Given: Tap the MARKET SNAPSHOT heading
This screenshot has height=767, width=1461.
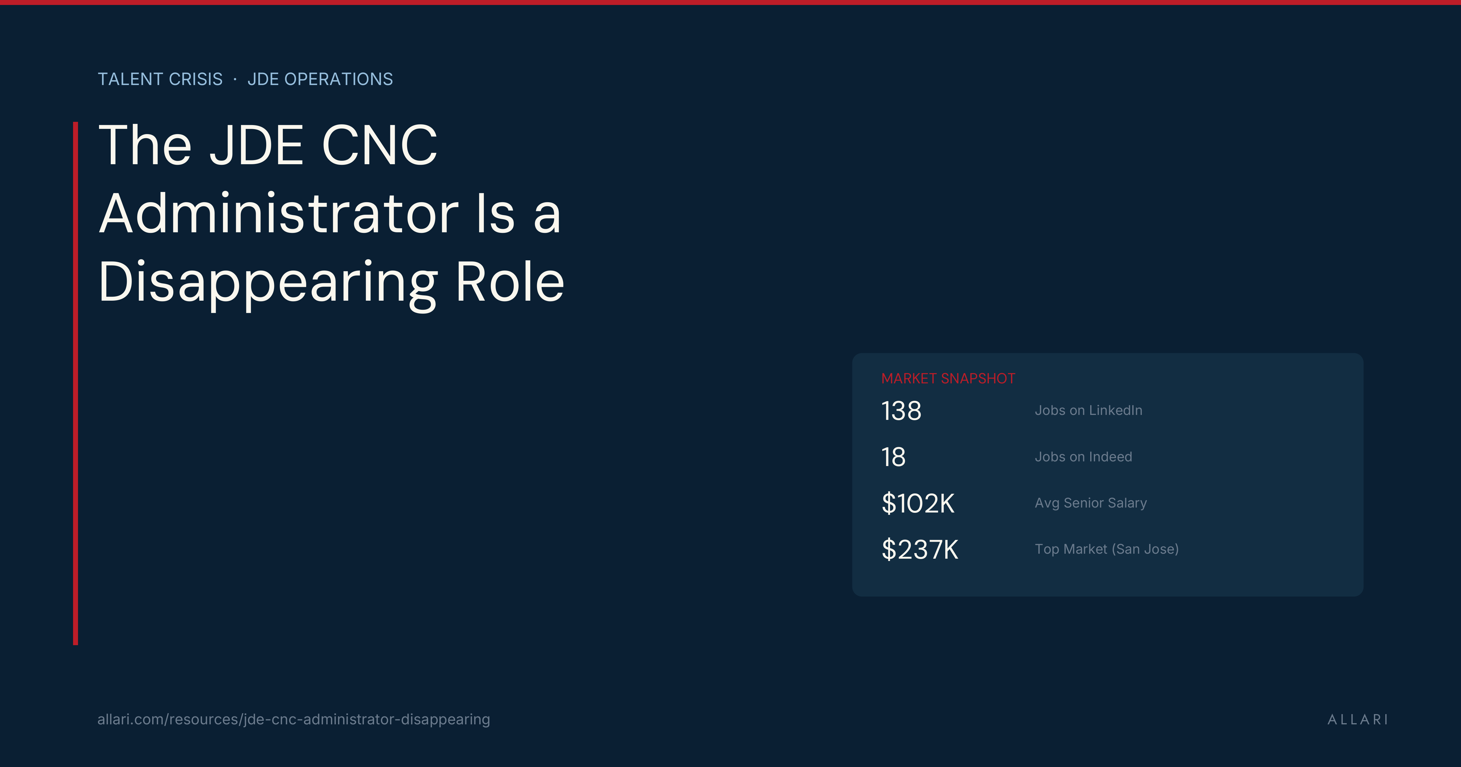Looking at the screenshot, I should [948, 378].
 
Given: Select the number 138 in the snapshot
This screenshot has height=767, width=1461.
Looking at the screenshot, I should [901, 411].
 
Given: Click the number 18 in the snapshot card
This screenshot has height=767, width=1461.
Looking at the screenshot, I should [893, 457].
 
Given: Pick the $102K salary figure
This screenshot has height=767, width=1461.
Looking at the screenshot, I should [918, 503].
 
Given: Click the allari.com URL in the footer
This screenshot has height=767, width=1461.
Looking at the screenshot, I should [293, 719].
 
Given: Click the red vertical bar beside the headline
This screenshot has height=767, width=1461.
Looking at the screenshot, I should [75, 383].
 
